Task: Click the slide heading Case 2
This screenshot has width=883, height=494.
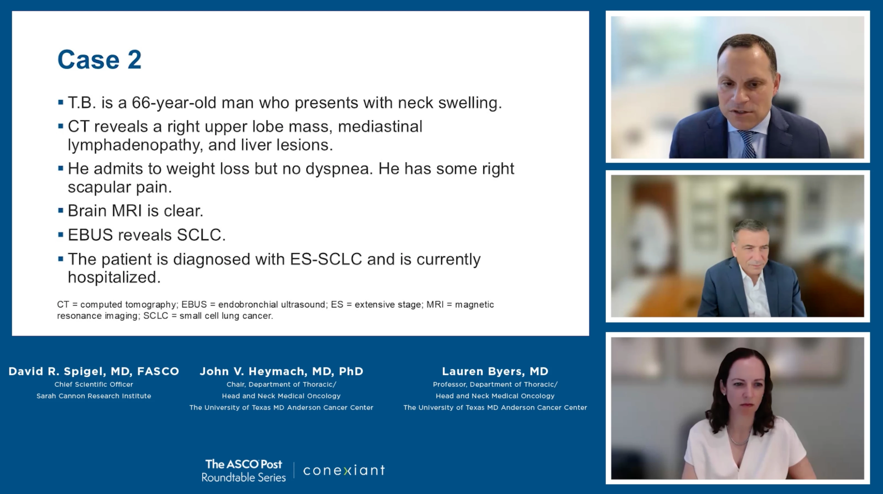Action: (x=99, y=60)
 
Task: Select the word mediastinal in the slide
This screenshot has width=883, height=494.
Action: (x=380, y=126)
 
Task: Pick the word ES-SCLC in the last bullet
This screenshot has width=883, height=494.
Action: (x=326, y=259)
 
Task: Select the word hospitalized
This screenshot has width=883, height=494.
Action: (x=114, y=277)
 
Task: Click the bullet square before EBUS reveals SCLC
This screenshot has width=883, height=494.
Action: (x=61, y=235)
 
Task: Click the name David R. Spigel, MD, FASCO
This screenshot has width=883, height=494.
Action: (x=94, y=371)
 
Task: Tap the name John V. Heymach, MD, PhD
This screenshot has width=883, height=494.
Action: (x=281, y=371)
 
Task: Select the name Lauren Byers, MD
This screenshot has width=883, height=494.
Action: (x=495, y=371)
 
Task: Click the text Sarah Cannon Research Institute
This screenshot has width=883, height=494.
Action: (x=94, y=396)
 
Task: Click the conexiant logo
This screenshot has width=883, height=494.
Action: (x=344, y=470)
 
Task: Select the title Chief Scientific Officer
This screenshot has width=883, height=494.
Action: (x=94, y=384)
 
